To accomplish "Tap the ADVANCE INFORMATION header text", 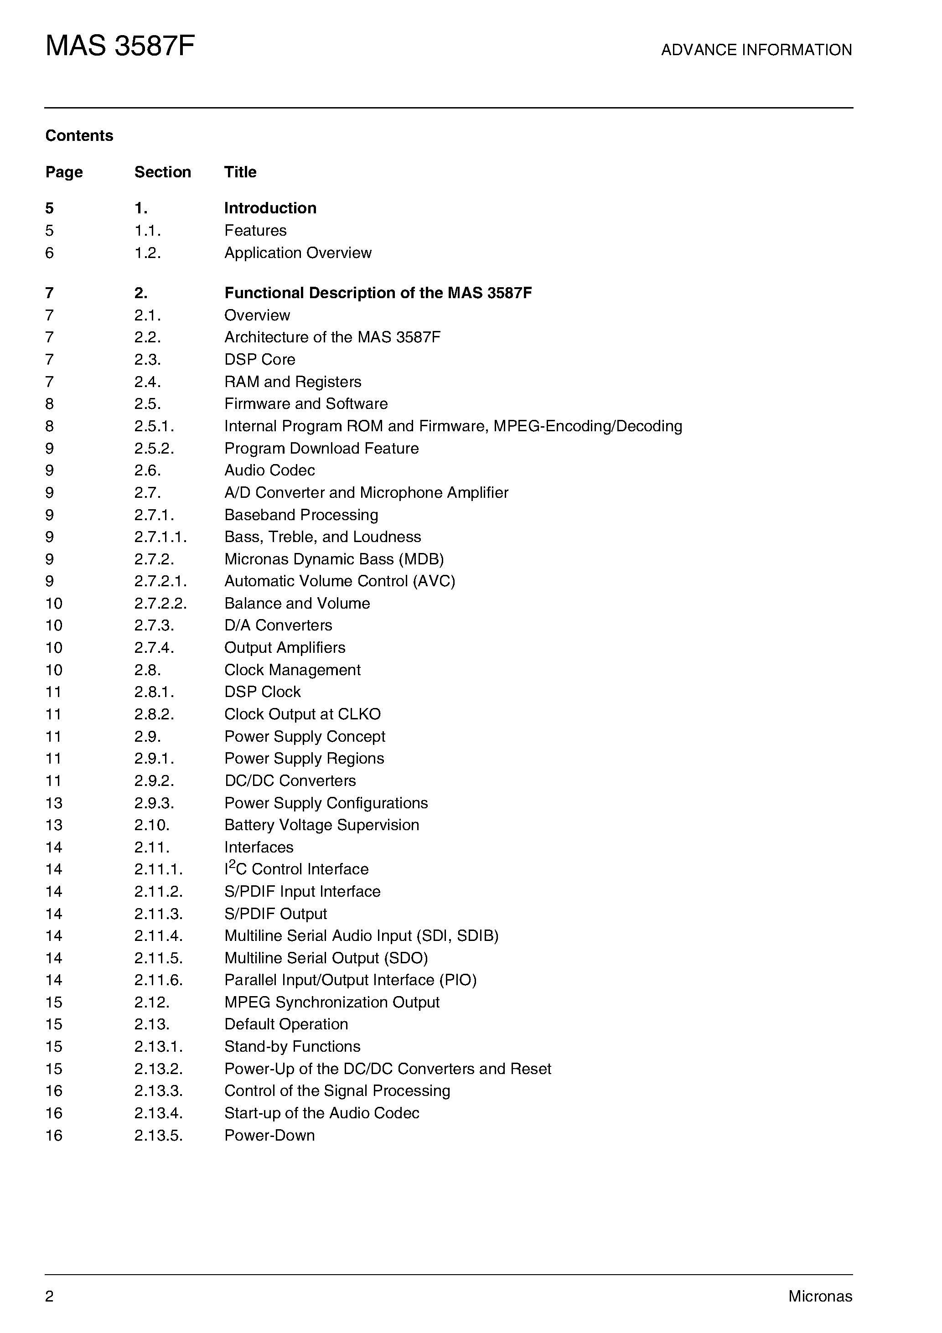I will click(x=756, y=50).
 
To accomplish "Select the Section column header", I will click(x=163, y=172).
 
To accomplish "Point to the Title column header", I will click(x=240, y=172).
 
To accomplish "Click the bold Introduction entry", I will click(x=270, y=208).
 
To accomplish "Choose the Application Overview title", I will click(x=298, y=253).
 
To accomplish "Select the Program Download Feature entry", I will click(x=321, y=448).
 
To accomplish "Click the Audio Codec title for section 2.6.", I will click(x=269, y=470).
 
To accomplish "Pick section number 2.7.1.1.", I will click(x=160, y=537).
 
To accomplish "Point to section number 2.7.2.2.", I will click(x=160, y=603).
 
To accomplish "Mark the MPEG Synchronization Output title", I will click(x=331, y=1002).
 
